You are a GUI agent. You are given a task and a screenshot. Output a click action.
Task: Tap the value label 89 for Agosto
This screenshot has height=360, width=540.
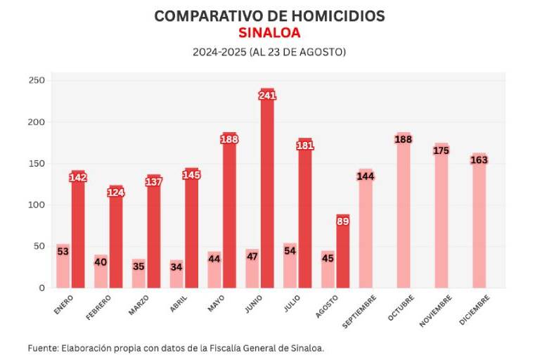click(342, 221)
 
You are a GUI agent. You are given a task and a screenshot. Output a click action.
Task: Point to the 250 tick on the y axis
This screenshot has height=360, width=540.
click(37, 81)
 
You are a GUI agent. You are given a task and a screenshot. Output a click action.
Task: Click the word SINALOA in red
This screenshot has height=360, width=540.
click(269, 33)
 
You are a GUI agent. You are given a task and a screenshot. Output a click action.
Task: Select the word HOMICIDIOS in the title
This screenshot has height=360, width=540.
click(333, 15)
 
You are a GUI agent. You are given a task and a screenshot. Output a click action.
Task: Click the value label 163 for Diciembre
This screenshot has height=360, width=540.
click(479, 160)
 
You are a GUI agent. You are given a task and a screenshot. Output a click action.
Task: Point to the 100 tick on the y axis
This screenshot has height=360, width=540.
click(37, 205)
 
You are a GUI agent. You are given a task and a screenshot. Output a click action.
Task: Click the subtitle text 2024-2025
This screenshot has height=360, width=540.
click(219, 52)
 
